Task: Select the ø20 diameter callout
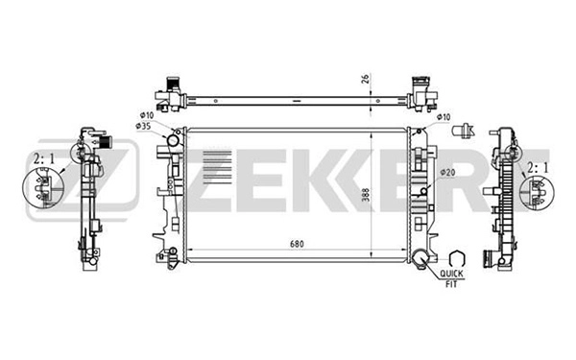coord(447,172)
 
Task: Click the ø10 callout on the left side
coord(145,116)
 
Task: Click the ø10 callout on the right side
coord(444,117)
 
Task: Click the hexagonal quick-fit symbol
coord(457,257)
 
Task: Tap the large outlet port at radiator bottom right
coord(422,256)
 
